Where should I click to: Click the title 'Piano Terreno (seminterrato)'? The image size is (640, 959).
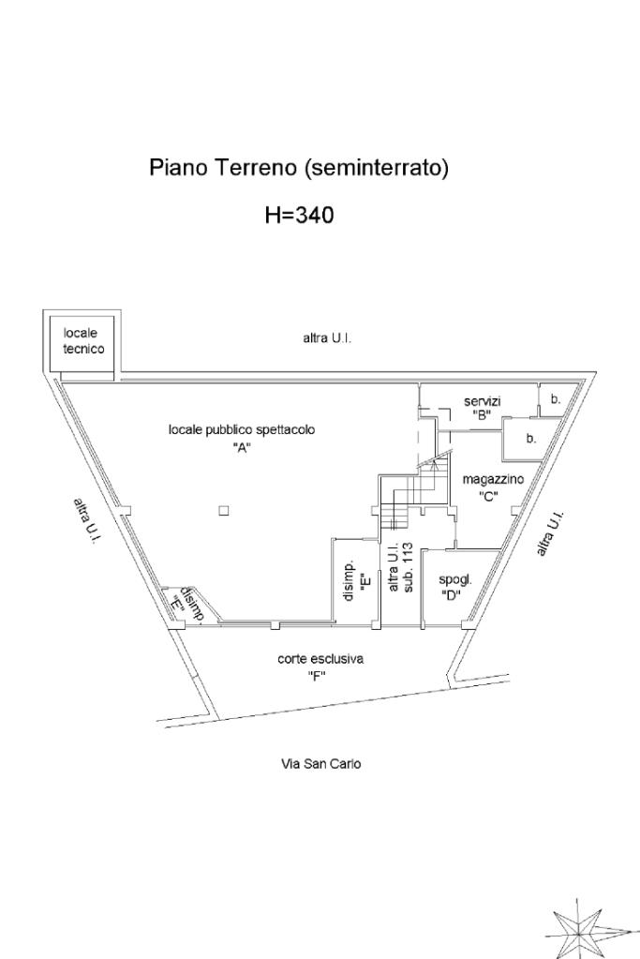[x=299, y=169]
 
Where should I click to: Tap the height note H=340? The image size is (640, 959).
[x=299, y=216]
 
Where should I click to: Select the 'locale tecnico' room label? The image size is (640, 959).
[x=83, y=340]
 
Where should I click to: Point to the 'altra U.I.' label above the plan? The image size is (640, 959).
[x=326, y=338]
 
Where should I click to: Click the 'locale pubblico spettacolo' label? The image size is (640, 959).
[x=241, y=429]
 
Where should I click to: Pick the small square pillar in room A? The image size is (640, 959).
[x=223, y=510]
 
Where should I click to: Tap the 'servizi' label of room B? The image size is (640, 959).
[x=483, y=401]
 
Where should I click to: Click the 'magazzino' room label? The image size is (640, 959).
[x=493, y=479]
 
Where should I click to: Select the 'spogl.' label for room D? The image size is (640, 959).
[x=455, y=579]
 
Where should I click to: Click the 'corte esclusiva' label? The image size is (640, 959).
[x=320, y=659]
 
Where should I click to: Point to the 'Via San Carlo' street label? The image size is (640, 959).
[x=321, y=764]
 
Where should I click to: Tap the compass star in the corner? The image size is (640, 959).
[x=579, y=928]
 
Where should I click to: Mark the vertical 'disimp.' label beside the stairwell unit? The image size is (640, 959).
[x=349, y=581]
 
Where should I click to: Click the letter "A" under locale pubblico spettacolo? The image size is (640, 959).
[x=243, y=446]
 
